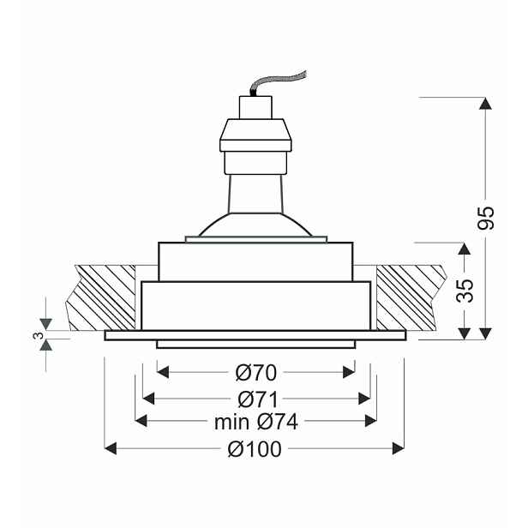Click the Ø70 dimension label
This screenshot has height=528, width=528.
256,372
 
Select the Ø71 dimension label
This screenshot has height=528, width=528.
258,399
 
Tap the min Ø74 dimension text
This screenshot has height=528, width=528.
256,422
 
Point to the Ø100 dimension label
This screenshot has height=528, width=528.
255,449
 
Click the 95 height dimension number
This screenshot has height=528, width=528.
485,218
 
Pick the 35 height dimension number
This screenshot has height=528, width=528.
465,291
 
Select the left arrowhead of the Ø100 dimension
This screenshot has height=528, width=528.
111,449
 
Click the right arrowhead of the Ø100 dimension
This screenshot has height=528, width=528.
399,449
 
